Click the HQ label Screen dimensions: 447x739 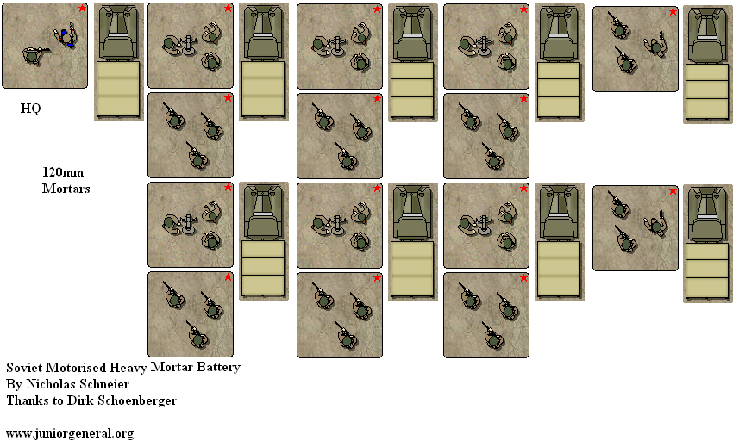[x=30, y=109]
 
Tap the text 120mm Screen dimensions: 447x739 [x=61, y=172]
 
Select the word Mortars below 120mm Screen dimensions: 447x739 [x=66, y=188]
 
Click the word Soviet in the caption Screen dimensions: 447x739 [x=23, y=368]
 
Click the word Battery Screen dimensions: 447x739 [x=217, y=368]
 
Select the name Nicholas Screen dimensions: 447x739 [x=48, y=384]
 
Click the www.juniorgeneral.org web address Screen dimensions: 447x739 [x=70, y=433]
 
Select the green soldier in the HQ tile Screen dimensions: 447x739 [x=33, y=56]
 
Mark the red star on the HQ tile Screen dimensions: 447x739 [x=82, y=9]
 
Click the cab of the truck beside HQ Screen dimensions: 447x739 [x=118, y=34]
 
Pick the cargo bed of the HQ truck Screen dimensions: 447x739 [x=118, y=89]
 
